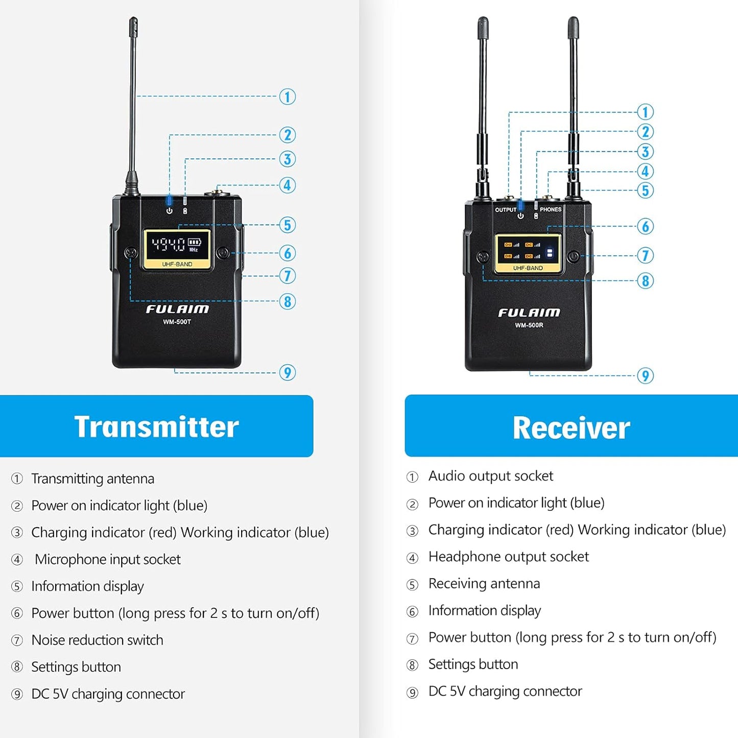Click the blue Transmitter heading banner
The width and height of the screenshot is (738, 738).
tap(156, 426)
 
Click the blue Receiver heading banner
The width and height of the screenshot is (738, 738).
tap(571, 426)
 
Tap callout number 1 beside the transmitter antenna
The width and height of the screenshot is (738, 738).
tap(288, 97)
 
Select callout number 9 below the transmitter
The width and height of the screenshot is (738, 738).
tap(288, 372)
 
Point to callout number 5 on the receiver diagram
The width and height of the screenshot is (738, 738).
tap(646, 191)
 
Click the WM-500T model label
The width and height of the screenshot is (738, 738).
tap(177, 322)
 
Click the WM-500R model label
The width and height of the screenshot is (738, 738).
tap(529, 325)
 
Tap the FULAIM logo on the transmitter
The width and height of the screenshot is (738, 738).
tap(177, 309)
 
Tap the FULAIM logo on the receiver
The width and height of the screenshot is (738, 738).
tap(529, 313)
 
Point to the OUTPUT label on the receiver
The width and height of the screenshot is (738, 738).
tap(506, 210)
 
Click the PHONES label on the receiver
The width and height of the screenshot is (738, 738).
tap(551, 209)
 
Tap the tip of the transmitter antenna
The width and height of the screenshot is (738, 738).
tap(133, 22)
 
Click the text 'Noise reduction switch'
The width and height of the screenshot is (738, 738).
tap(97, 640)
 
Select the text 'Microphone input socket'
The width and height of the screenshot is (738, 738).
tap(107, 559)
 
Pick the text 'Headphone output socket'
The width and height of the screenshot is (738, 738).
tap(508, 557)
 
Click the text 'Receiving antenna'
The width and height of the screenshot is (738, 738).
tap(484, 583)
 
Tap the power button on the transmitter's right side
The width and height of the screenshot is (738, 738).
tap(223, 253)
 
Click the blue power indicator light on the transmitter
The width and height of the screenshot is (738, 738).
tap(169, 201)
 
